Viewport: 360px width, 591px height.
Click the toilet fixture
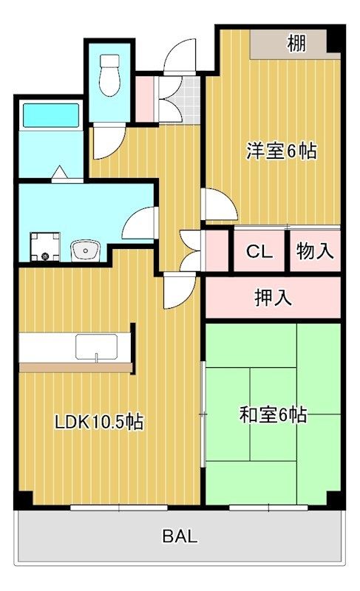[x=109, y=75]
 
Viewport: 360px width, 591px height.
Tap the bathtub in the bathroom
[x=51, y=115]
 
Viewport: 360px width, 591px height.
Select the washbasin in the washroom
[x=85, y=250]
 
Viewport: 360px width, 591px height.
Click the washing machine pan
[x=45, y=247]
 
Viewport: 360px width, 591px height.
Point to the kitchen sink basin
[x=96, y=346]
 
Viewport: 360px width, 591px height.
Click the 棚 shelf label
[x=296, y=44]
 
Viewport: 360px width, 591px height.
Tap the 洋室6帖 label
[x=281, y=151]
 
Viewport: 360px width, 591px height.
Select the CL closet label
[x=259, y=251]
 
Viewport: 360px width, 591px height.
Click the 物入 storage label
[x=315, y=250]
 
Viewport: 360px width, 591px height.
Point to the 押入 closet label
[x=273, y=298]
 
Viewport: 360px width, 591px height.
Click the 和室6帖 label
[x=274, y=415]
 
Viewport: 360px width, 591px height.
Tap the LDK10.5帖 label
[x=99, y=422]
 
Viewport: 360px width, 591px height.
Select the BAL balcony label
[x=180, y=536]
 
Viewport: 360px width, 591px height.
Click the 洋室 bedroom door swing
[x=220, y=204]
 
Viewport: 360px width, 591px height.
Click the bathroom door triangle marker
[x=60, y=172]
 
